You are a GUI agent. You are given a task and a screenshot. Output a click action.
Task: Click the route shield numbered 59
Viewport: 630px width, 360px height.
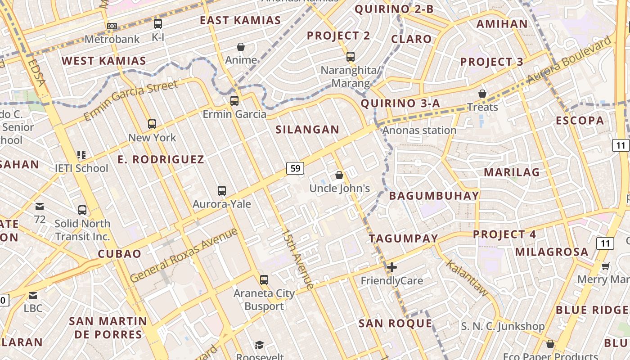[x=295, y=168]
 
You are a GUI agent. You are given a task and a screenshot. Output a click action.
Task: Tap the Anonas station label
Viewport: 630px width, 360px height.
[x=419, y=130]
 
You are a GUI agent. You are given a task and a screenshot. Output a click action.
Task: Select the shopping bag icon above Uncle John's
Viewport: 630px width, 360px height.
[x=339, y=175]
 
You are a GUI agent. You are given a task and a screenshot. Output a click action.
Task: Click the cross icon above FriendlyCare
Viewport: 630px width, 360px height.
[x=392, y=267]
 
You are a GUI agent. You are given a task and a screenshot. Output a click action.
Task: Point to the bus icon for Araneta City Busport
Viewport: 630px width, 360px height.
[x=264, y=280]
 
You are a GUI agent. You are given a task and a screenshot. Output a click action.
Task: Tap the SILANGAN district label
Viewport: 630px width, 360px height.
[x=307, y=130]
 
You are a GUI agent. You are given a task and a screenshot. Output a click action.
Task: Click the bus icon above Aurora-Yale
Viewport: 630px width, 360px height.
[x=221, y=190]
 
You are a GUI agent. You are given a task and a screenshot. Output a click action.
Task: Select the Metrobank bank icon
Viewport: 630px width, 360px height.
[x=112, y=26]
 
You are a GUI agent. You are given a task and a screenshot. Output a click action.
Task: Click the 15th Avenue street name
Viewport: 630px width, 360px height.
[x=297, y=259]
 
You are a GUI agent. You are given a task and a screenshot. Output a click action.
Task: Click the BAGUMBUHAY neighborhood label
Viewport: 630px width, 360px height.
[x=434, y=196]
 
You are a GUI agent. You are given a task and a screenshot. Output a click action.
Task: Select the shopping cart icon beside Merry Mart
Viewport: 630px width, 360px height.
[x=606, y=266]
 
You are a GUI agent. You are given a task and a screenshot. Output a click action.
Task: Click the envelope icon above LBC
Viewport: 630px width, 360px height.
[x=33, y=296]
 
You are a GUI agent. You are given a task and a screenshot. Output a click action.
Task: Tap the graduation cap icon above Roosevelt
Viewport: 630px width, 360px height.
[x=259, y=345]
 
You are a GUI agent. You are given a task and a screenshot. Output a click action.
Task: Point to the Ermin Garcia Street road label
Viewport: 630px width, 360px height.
[x=130, y=101]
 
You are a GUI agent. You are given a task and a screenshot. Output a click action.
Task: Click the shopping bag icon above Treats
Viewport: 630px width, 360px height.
[x=482, y=94]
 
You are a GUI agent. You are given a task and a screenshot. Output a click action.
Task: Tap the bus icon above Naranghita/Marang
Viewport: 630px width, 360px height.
[x=351, y=57]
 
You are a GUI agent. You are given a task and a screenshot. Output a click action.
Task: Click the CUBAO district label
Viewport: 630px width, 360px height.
[x=120, y=254]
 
